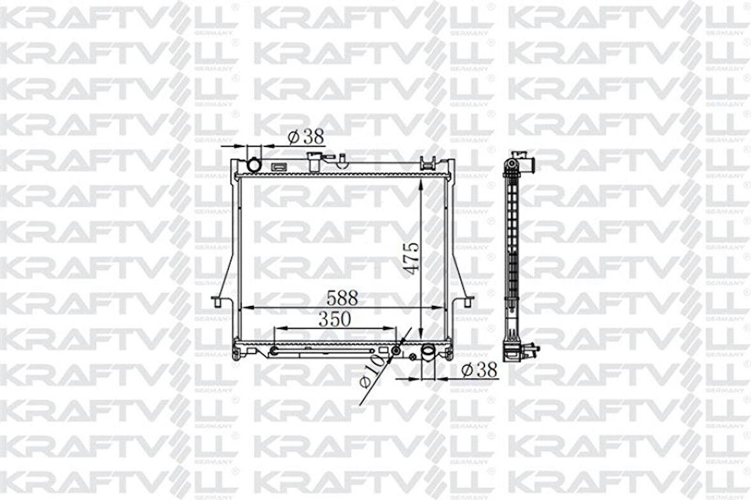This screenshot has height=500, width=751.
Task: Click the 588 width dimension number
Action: tap(342, 297)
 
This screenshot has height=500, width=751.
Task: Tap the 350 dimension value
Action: tap(335, 319)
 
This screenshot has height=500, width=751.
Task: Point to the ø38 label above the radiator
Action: tap(305, 135)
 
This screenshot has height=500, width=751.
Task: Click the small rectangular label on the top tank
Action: tap(278, 168)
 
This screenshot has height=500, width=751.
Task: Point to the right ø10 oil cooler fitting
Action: tap(396, 351)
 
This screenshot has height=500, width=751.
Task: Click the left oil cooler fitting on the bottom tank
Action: tap(273, 351)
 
